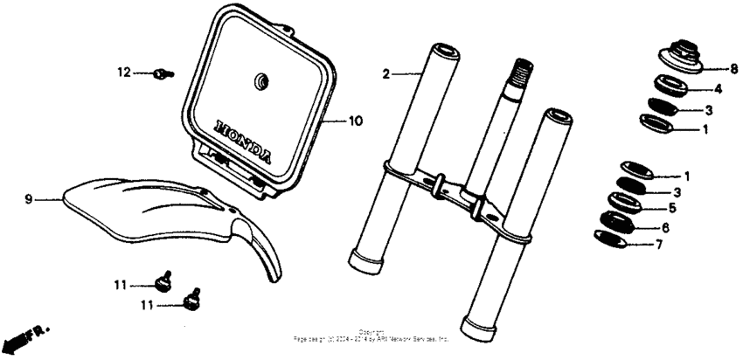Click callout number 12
point(123,72)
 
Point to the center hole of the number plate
point(260,81)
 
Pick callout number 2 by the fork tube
point(385,74)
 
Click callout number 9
point(28,199)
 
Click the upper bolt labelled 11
point(162,283)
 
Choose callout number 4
point(718,88)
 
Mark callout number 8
point(733,67)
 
